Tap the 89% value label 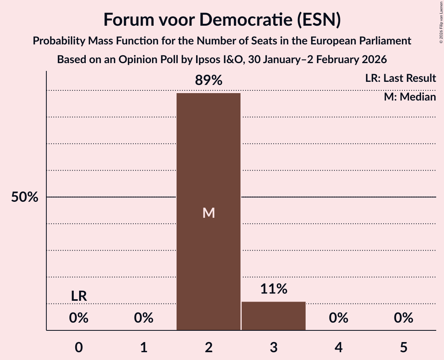209,81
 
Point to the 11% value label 274,289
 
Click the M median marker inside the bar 209,213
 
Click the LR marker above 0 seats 79,296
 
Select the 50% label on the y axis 25,197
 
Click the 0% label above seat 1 144,318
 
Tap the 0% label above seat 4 338,318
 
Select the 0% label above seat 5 403,318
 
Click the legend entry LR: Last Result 400,78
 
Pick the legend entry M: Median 410,97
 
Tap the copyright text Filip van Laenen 441,16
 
